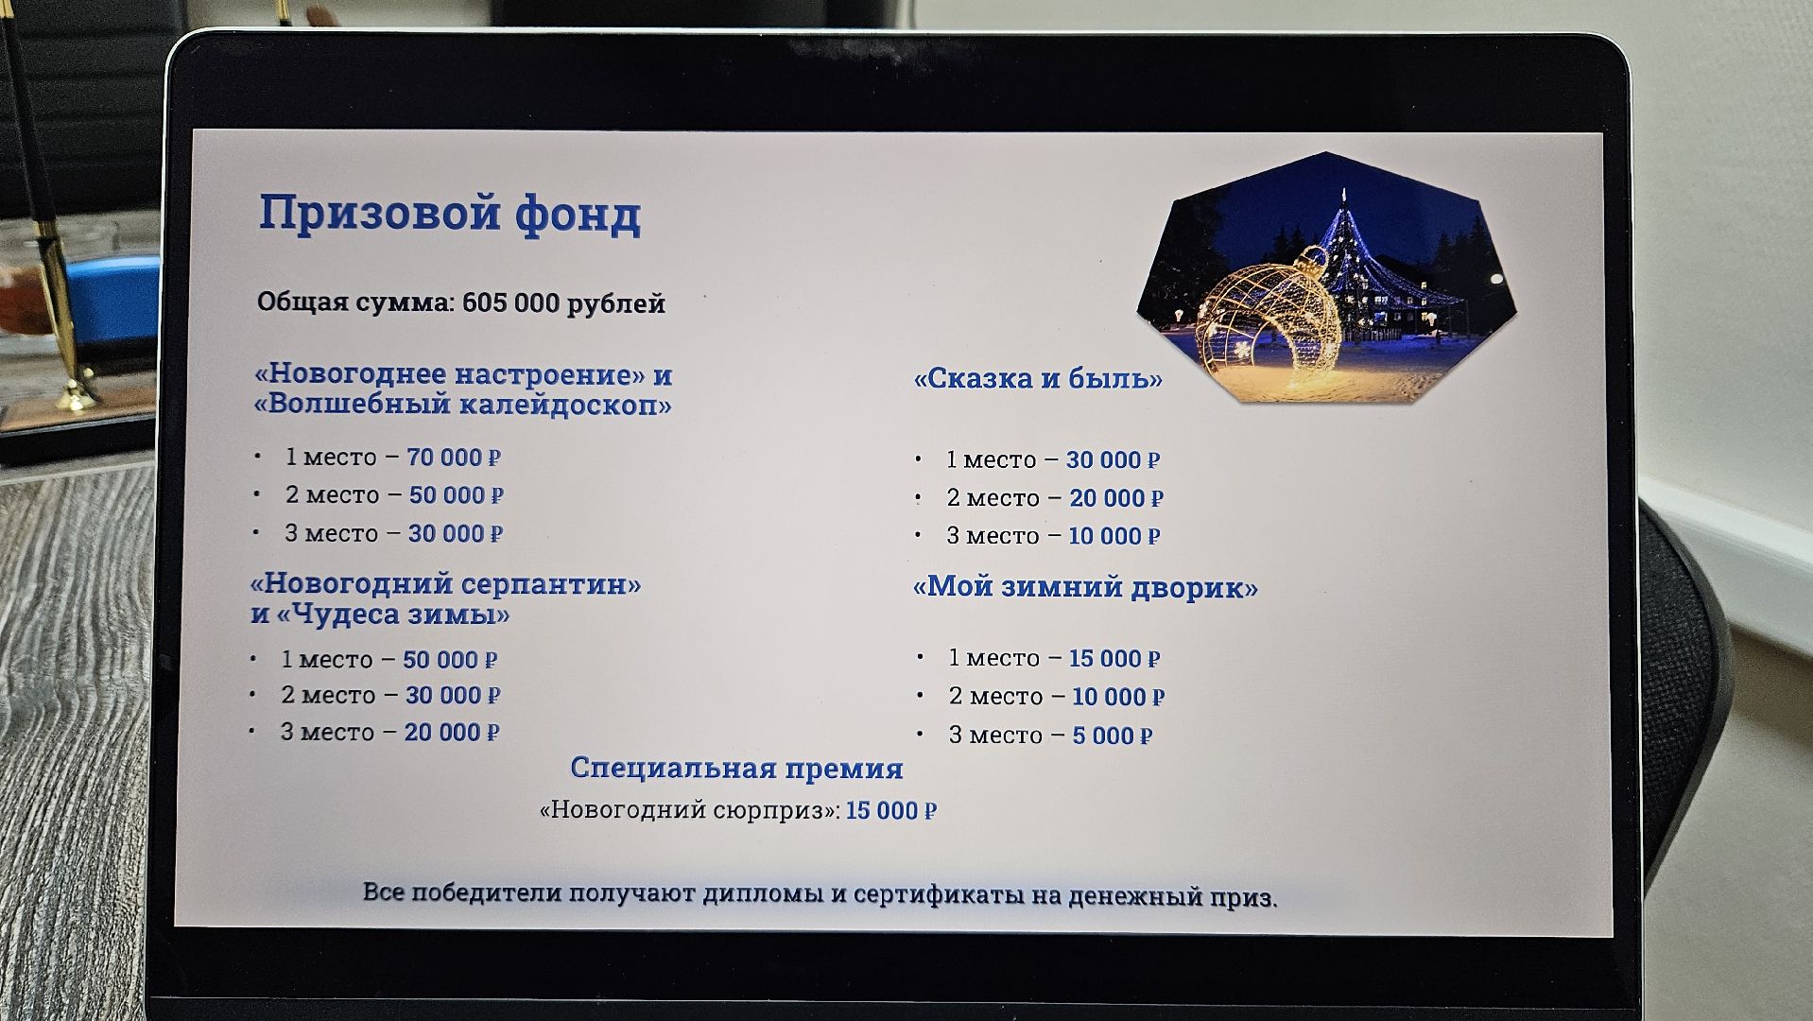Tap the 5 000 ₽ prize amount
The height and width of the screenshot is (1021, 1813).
[x=1112, y=735]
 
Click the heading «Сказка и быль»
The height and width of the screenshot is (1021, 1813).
[x=1037, y=379]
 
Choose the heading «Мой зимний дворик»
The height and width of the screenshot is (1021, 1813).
[x=1084, y=587]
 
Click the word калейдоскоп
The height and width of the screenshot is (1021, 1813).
[x=565, y=406]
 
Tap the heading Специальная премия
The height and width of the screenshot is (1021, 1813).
[x=736, y=768]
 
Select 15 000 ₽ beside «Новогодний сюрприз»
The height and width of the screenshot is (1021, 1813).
[x=890, y=810]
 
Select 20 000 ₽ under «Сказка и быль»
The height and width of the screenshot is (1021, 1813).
[x=1115, y=498]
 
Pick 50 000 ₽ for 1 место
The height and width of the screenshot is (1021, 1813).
[x=449, y=659]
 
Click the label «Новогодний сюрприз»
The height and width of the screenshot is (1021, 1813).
[x=689, y=810]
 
